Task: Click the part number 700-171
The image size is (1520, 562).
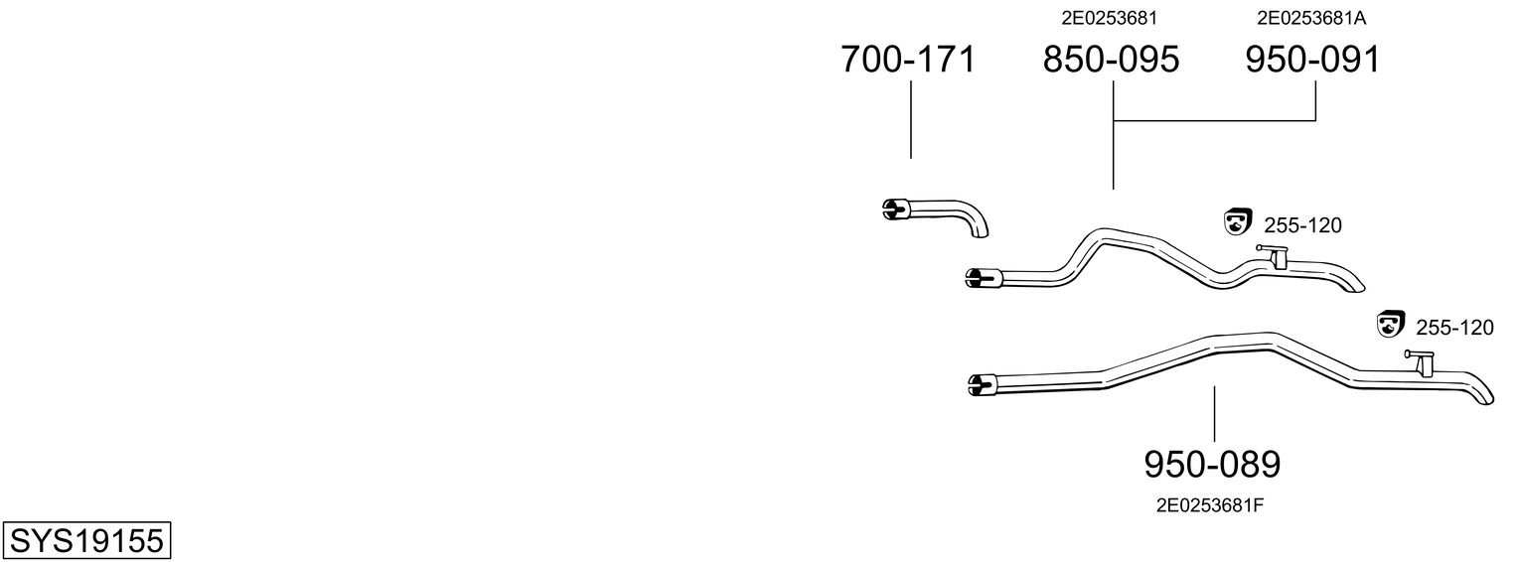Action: [908, 61]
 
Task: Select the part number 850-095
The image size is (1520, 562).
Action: [1111, 61]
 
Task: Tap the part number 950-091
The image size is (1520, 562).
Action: [1312, 61]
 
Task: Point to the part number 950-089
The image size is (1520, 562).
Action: [1212, 464]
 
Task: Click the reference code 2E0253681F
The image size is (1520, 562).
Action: [1209, 505]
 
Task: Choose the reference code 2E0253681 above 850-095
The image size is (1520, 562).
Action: [1110, 18]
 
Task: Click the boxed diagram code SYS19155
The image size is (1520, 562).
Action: [85, 541]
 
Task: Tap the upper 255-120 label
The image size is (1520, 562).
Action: [1302, 226]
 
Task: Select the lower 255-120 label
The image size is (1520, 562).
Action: [1453, 328]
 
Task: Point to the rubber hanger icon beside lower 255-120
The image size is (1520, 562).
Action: [1389, 324]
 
